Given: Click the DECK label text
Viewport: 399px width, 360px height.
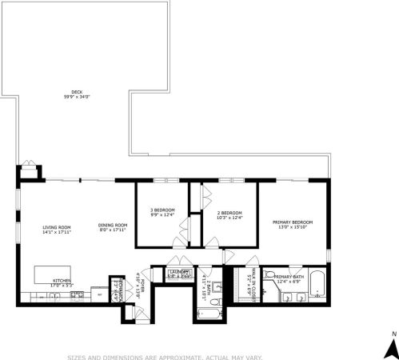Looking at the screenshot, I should pyautogui.click(x=78, y=92).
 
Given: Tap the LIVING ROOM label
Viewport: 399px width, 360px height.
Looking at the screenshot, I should pyautogui.click(x=57, y=227).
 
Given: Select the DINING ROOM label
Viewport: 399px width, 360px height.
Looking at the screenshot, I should pyautogui.click(x=113, y=225).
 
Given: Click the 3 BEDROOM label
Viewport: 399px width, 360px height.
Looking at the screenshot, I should pyautogui.click(x=162, y=210).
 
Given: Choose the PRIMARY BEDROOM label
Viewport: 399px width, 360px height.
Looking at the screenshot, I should pyautogui.click(x=293, y=222).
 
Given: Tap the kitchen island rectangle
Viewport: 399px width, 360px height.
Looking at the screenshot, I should pyautogui.click(x=53, y=274).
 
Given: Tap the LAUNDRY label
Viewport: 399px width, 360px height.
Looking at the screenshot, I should pyautogui.click(x=179, y=272).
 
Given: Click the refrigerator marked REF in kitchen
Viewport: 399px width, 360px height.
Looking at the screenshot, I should pyautogui.click(x=98, y=294).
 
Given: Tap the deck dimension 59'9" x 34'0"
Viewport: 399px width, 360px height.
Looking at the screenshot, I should pyautogui.click(x=78, y=97).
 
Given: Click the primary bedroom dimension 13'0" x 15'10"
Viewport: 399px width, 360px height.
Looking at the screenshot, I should pyautogui.click(x=293, y=226).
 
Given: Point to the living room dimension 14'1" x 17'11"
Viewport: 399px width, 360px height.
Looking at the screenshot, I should pyautogui.click(x=57, y=232).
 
